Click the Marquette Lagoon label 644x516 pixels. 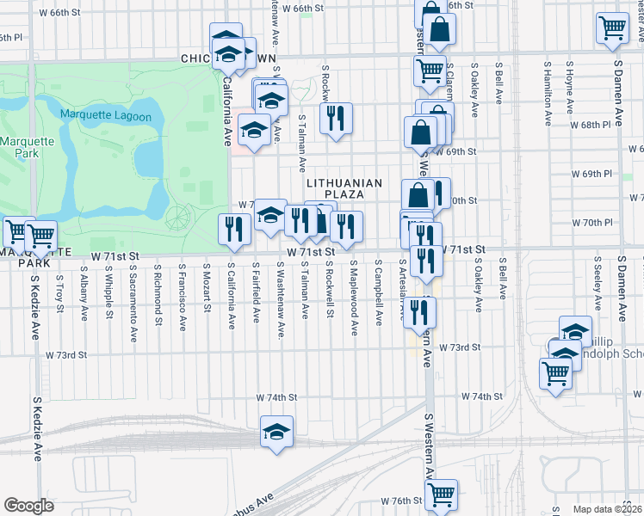point(105,116)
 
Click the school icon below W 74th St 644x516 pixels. point(277,432)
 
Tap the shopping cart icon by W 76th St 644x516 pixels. point(441,494)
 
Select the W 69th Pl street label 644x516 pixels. point(596,174)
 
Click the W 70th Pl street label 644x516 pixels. point(596,223)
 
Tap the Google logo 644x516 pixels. point(29,506)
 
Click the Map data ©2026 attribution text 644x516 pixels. point(607,509)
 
